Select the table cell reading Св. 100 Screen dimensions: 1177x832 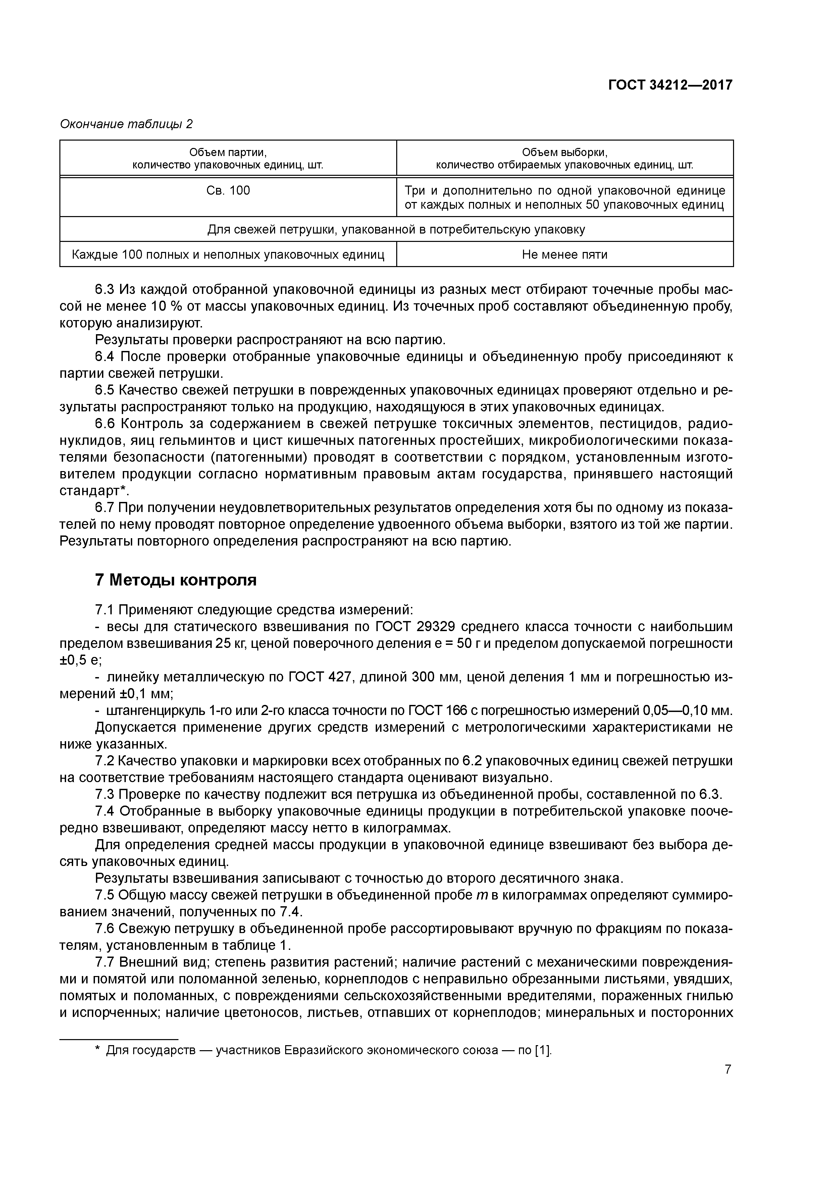228,191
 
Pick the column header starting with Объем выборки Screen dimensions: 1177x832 564,158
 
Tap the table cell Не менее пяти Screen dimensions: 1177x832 564,254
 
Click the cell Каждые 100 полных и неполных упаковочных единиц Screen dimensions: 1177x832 228,254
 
